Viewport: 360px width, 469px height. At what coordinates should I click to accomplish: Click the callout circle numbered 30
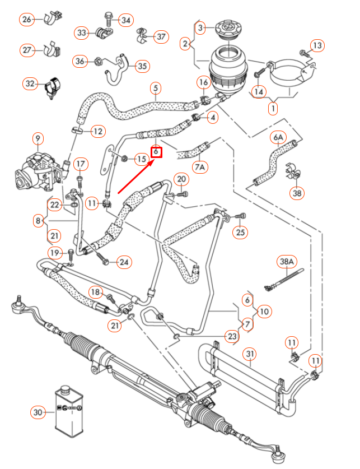38,412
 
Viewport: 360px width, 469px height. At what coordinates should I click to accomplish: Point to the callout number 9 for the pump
38,138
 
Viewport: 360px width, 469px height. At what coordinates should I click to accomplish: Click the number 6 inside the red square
156,151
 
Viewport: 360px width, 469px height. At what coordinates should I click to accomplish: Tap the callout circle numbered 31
250,354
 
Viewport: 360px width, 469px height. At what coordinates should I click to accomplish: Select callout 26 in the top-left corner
26,20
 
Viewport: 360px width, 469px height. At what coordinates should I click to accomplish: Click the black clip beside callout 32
53,86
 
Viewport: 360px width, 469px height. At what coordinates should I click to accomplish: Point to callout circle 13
317,45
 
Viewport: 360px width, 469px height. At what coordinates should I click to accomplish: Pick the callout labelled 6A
279,137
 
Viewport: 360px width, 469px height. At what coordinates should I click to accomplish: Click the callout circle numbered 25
241,232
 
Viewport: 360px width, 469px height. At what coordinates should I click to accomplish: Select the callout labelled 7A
200,167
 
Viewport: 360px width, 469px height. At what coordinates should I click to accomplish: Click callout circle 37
161,37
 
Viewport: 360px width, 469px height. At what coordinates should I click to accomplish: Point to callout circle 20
181,179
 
